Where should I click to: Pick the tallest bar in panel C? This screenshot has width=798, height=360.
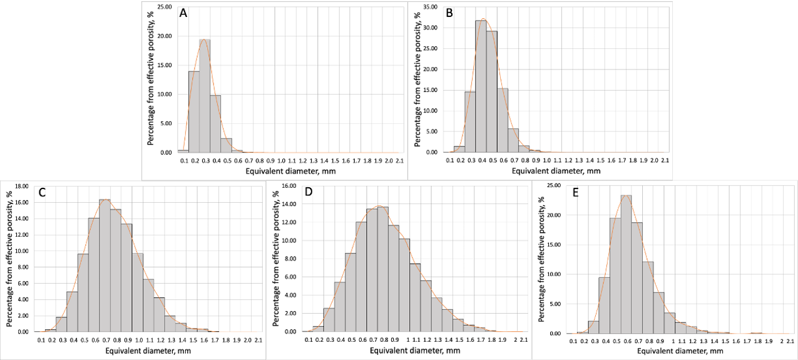coord(105,266)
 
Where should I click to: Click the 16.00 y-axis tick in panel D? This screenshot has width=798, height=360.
coord(290,186)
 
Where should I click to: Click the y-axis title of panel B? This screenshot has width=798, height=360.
coord(417,80)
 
